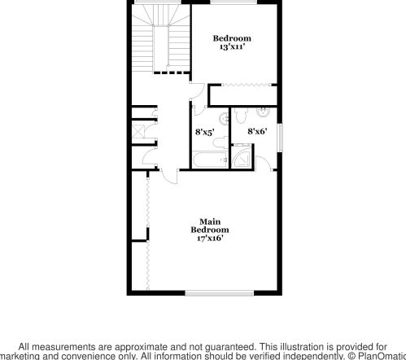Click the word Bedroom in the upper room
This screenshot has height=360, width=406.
232,38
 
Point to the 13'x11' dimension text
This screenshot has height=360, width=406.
232,47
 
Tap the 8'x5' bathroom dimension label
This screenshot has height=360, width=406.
205,130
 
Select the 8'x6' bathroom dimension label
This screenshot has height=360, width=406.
258,130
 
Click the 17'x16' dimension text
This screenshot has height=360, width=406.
209,238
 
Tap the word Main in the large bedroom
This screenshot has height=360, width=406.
210,221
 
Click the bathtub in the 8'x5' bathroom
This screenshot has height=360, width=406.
211,159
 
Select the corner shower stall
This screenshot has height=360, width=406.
242,157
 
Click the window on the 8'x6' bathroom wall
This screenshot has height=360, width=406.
278,137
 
